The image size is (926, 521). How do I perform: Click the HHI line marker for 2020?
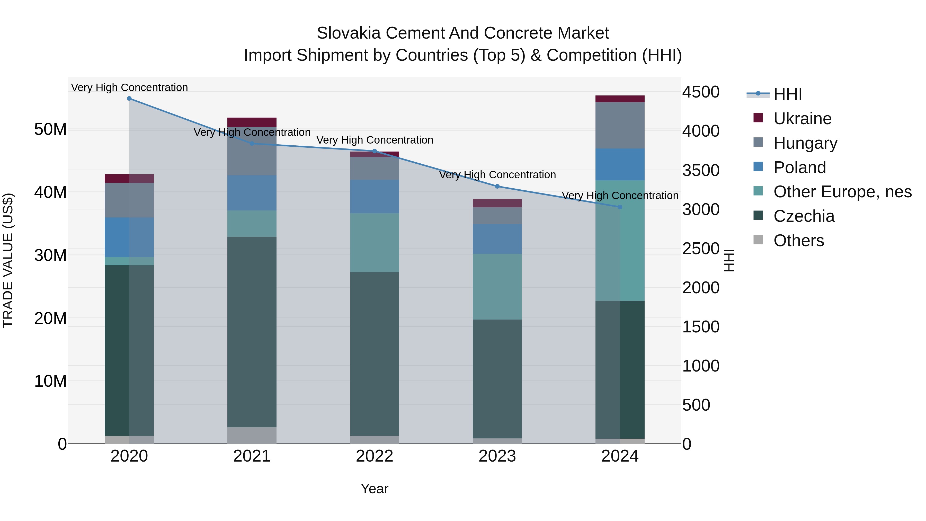(x=129, y=99)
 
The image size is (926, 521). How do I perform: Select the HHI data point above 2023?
(x=497, y=186)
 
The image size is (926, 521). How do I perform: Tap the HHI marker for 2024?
(x=620, y=207)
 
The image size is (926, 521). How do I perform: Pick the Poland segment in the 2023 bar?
(x=497, y=239)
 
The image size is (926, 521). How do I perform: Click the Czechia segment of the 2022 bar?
(x=375, y=354)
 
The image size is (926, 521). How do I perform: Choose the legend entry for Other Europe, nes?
(x=842, y=192)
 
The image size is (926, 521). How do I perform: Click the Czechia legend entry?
(x=804, y=216)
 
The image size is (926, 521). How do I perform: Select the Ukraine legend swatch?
(x=758, y=118)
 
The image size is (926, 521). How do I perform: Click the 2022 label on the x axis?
(x=375, y=456)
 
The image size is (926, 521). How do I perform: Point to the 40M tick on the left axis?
(x=50, y=192)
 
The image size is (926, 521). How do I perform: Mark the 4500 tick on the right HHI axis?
(x=701, y=92)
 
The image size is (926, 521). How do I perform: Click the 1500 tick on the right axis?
(x=701, y=327)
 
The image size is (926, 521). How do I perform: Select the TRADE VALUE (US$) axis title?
(x=8, y=260)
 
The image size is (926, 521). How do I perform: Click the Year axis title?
(x=375, y=489)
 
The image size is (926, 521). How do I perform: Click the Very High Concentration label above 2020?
(x=129, y=87)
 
